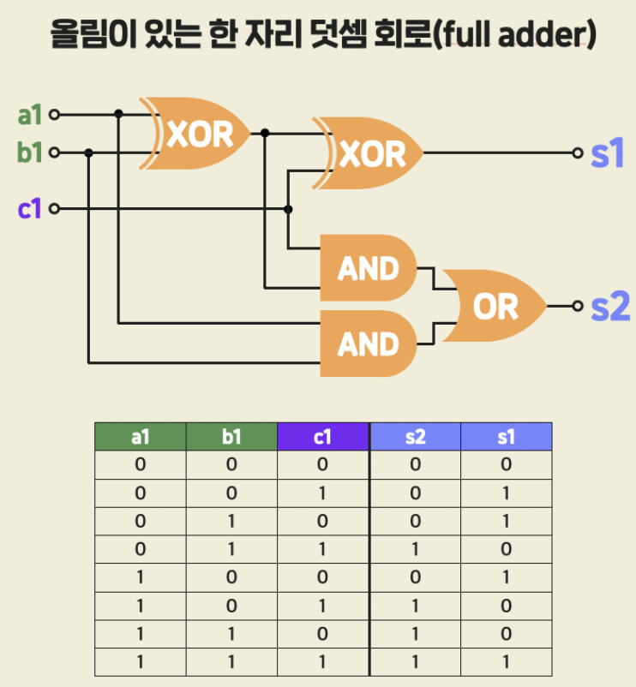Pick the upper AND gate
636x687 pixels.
(368, 268)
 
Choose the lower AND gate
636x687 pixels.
(368, 343)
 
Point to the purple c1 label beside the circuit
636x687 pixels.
(30, 208)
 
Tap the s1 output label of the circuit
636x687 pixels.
(607, 153)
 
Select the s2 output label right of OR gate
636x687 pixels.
(609, 306)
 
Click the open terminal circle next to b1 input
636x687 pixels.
(55, 153)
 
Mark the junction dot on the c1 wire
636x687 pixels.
(289, 209)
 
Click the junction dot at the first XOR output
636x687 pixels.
(265, 133)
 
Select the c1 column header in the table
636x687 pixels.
(322, 437)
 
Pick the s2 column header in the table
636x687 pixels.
(415, 437)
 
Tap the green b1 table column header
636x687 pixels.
(231, 437)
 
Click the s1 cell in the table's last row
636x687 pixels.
(506, 663)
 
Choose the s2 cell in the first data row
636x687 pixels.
(415, 465)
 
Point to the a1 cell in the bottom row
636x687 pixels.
(141, 663)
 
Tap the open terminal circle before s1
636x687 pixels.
(579, 153)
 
